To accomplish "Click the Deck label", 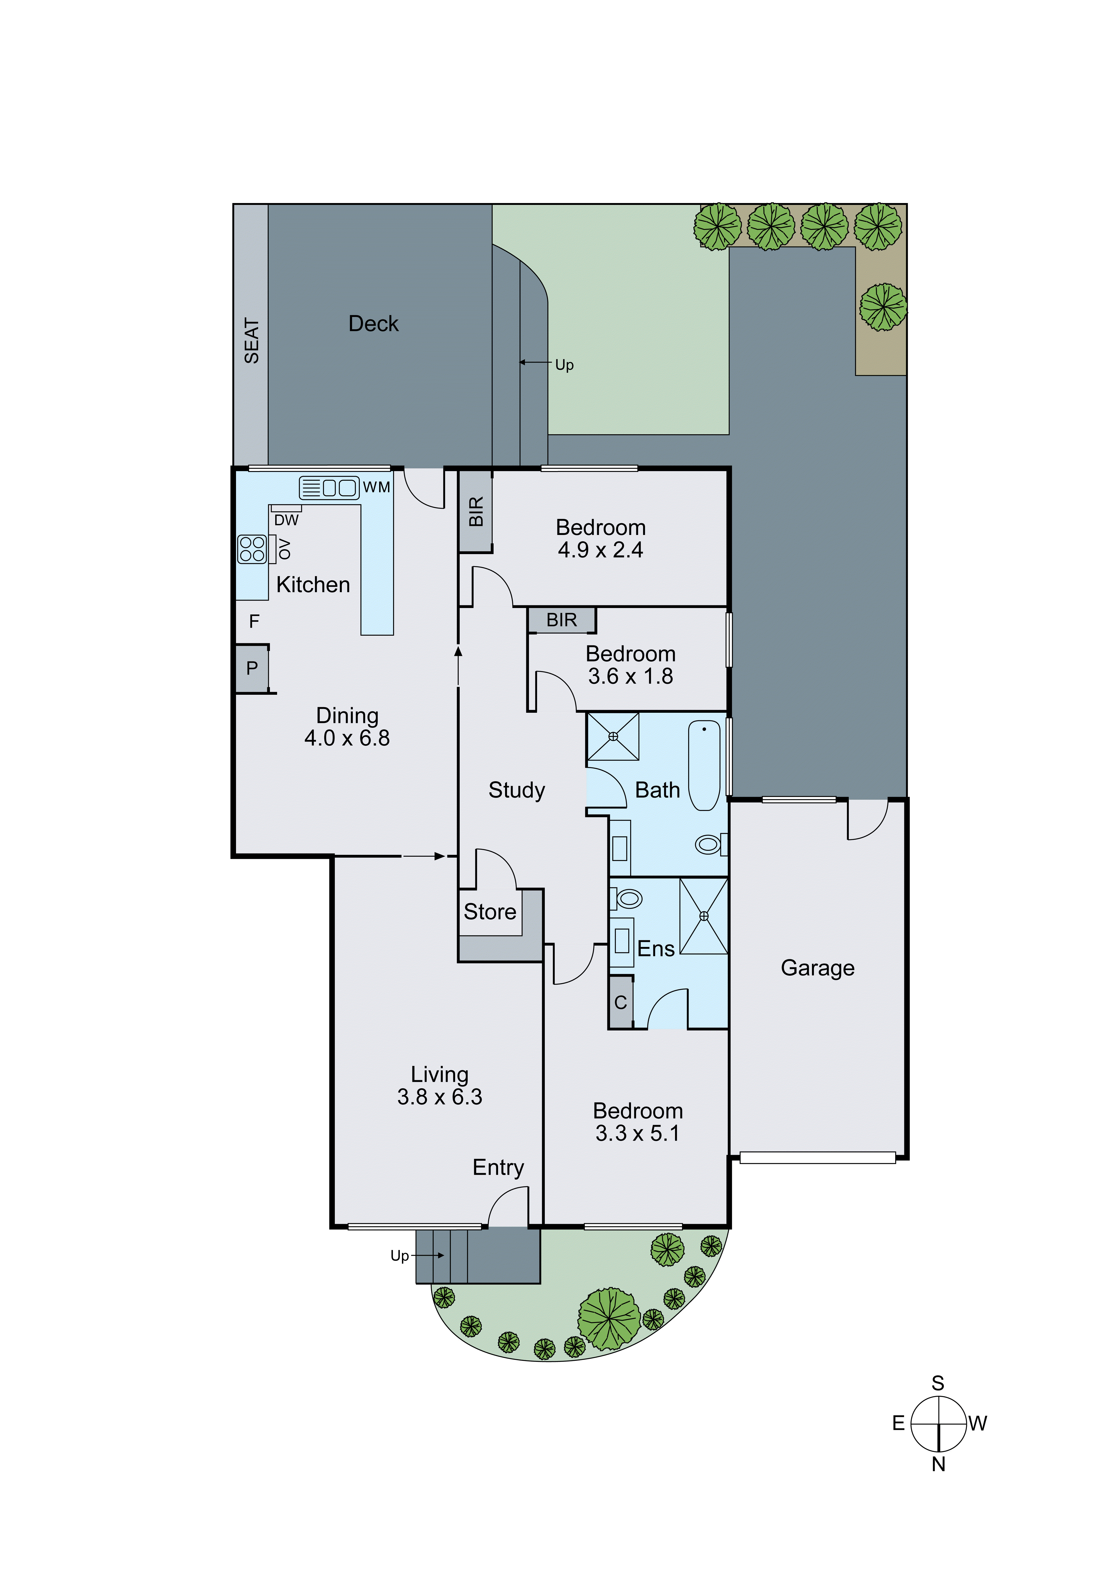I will coord(373,323).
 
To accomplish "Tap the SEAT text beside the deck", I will coord(252,341).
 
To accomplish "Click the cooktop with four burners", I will coord(252,548).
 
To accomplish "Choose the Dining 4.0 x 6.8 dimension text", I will coord(347,738).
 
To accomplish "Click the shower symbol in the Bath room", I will coord(613,736).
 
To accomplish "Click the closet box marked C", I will coord(621,1003).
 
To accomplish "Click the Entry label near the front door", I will coord(498,1167).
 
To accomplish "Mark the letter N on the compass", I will coord(938,1464).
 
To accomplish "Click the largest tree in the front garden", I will coord(609,1319).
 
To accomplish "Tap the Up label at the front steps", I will coord(399,1256).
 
